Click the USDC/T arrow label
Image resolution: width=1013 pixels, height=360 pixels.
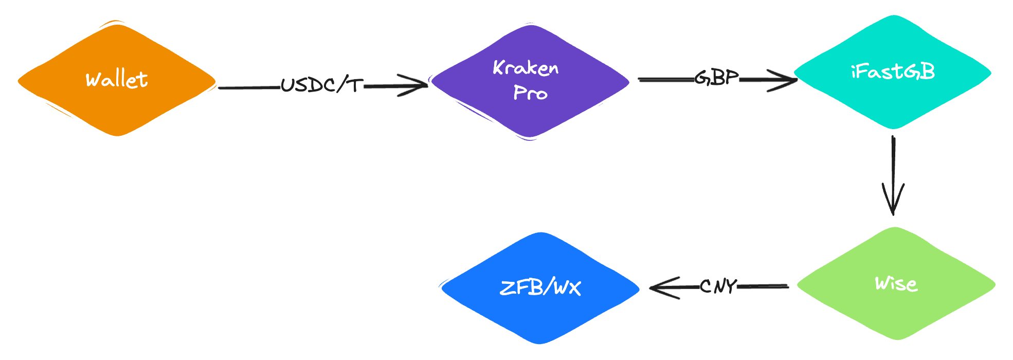point(322,85)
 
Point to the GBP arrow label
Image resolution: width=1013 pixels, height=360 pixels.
point(716,78)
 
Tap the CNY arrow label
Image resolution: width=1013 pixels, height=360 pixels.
point(718,286)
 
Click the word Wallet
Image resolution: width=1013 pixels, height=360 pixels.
point(117,80)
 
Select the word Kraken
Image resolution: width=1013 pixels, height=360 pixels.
point(526,68)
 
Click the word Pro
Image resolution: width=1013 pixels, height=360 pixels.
point(530,93)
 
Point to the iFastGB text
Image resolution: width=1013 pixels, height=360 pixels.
point(893,72)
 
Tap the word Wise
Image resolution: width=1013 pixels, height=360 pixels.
point(896,283)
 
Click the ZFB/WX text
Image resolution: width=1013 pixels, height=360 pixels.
point(540,287)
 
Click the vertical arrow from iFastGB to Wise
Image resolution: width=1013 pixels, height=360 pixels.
point(893,165)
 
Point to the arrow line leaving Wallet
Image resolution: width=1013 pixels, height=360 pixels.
point(249,88)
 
